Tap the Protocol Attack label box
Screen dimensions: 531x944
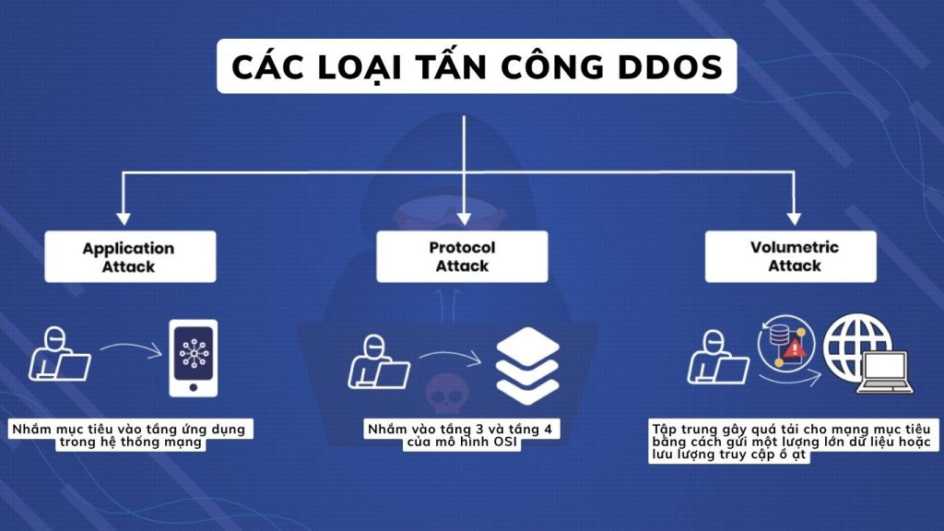462,256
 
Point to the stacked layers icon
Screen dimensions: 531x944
527,361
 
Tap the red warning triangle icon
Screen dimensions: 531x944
795,348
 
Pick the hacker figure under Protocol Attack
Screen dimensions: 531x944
379,360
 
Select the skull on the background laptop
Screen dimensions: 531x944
442,393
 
